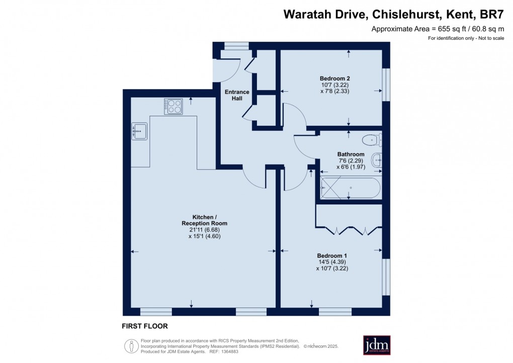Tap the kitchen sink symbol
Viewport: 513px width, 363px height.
click(139, 131)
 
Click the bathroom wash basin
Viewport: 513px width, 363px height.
click(377, 161)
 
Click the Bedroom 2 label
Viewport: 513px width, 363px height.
click(334, 79)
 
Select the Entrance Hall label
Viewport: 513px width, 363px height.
click(236, 95)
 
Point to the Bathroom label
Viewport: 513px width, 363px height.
click(351, 154)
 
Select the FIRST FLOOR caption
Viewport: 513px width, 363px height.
click(145, 326)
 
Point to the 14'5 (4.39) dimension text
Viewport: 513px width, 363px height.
click(331, 262)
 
